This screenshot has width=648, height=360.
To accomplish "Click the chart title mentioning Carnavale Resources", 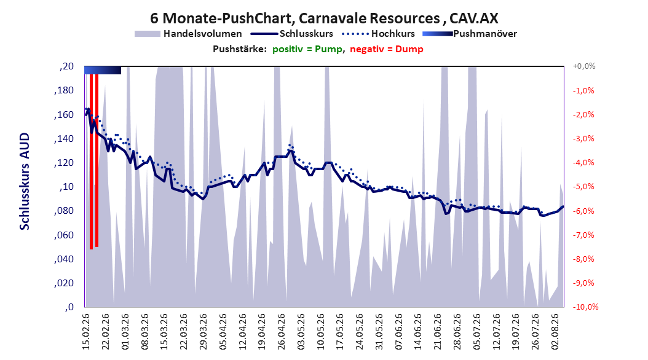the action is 324,18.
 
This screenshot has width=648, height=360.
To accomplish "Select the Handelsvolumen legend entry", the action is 188,34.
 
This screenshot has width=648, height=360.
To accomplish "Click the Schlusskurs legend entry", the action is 292,34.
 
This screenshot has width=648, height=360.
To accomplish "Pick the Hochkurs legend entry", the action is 379,34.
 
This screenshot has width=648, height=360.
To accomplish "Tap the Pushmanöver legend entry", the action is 470,34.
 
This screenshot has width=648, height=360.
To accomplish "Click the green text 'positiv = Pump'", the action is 307,49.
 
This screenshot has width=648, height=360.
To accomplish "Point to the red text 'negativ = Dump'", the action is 387,49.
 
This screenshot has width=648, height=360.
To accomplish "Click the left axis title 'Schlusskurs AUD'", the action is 25,181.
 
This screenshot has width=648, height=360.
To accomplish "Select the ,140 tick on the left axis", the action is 64,139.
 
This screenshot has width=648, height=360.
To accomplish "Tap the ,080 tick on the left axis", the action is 64,211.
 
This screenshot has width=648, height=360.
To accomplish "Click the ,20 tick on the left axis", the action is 66,66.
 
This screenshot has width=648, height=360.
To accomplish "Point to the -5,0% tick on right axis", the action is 583,187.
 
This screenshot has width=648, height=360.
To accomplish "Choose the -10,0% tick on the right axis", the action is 585,307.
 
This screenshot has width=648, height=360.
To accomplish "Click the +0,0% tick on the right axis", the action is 584,66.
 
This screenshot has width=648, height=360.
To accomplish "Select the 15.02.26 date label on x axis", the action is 86,332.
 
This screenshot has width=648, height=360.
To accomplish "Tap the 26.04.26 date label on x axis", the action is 281,332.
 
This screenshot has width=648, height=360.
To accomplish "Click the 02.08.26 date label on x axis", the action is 555,332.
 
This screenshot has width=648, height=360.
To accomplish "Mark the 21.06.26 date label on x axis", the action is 438,332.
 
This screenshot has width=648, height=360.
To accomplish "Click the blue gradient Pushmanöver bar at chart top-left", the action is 103,70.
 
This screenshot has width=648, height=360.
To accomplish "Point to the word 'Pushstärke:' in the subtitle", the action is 240,49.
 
